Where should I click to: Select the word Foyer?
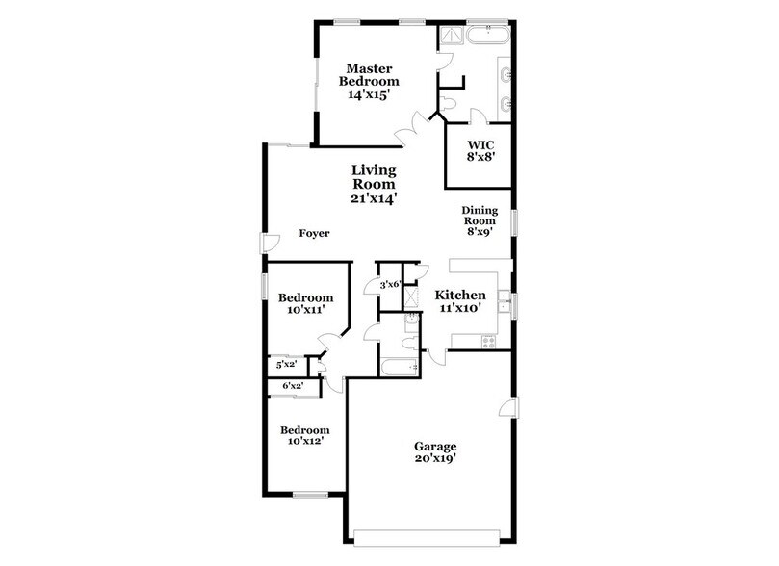[314, 234]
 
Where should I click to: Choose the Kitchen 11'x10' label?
[460, 301]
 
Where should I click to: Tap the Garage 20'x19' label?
[435, 453]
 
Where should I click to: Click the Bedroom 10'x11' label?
[305, 304]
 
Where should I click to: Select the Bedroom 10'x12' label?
[305, 436]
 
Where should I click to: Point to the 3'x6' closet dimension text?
[390, 285]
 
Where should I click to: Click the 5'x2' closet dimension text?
[286, 365]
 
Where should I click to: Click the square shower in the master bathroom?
[451, 37]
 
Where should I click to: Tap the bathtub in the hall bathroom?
[395, 367]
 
